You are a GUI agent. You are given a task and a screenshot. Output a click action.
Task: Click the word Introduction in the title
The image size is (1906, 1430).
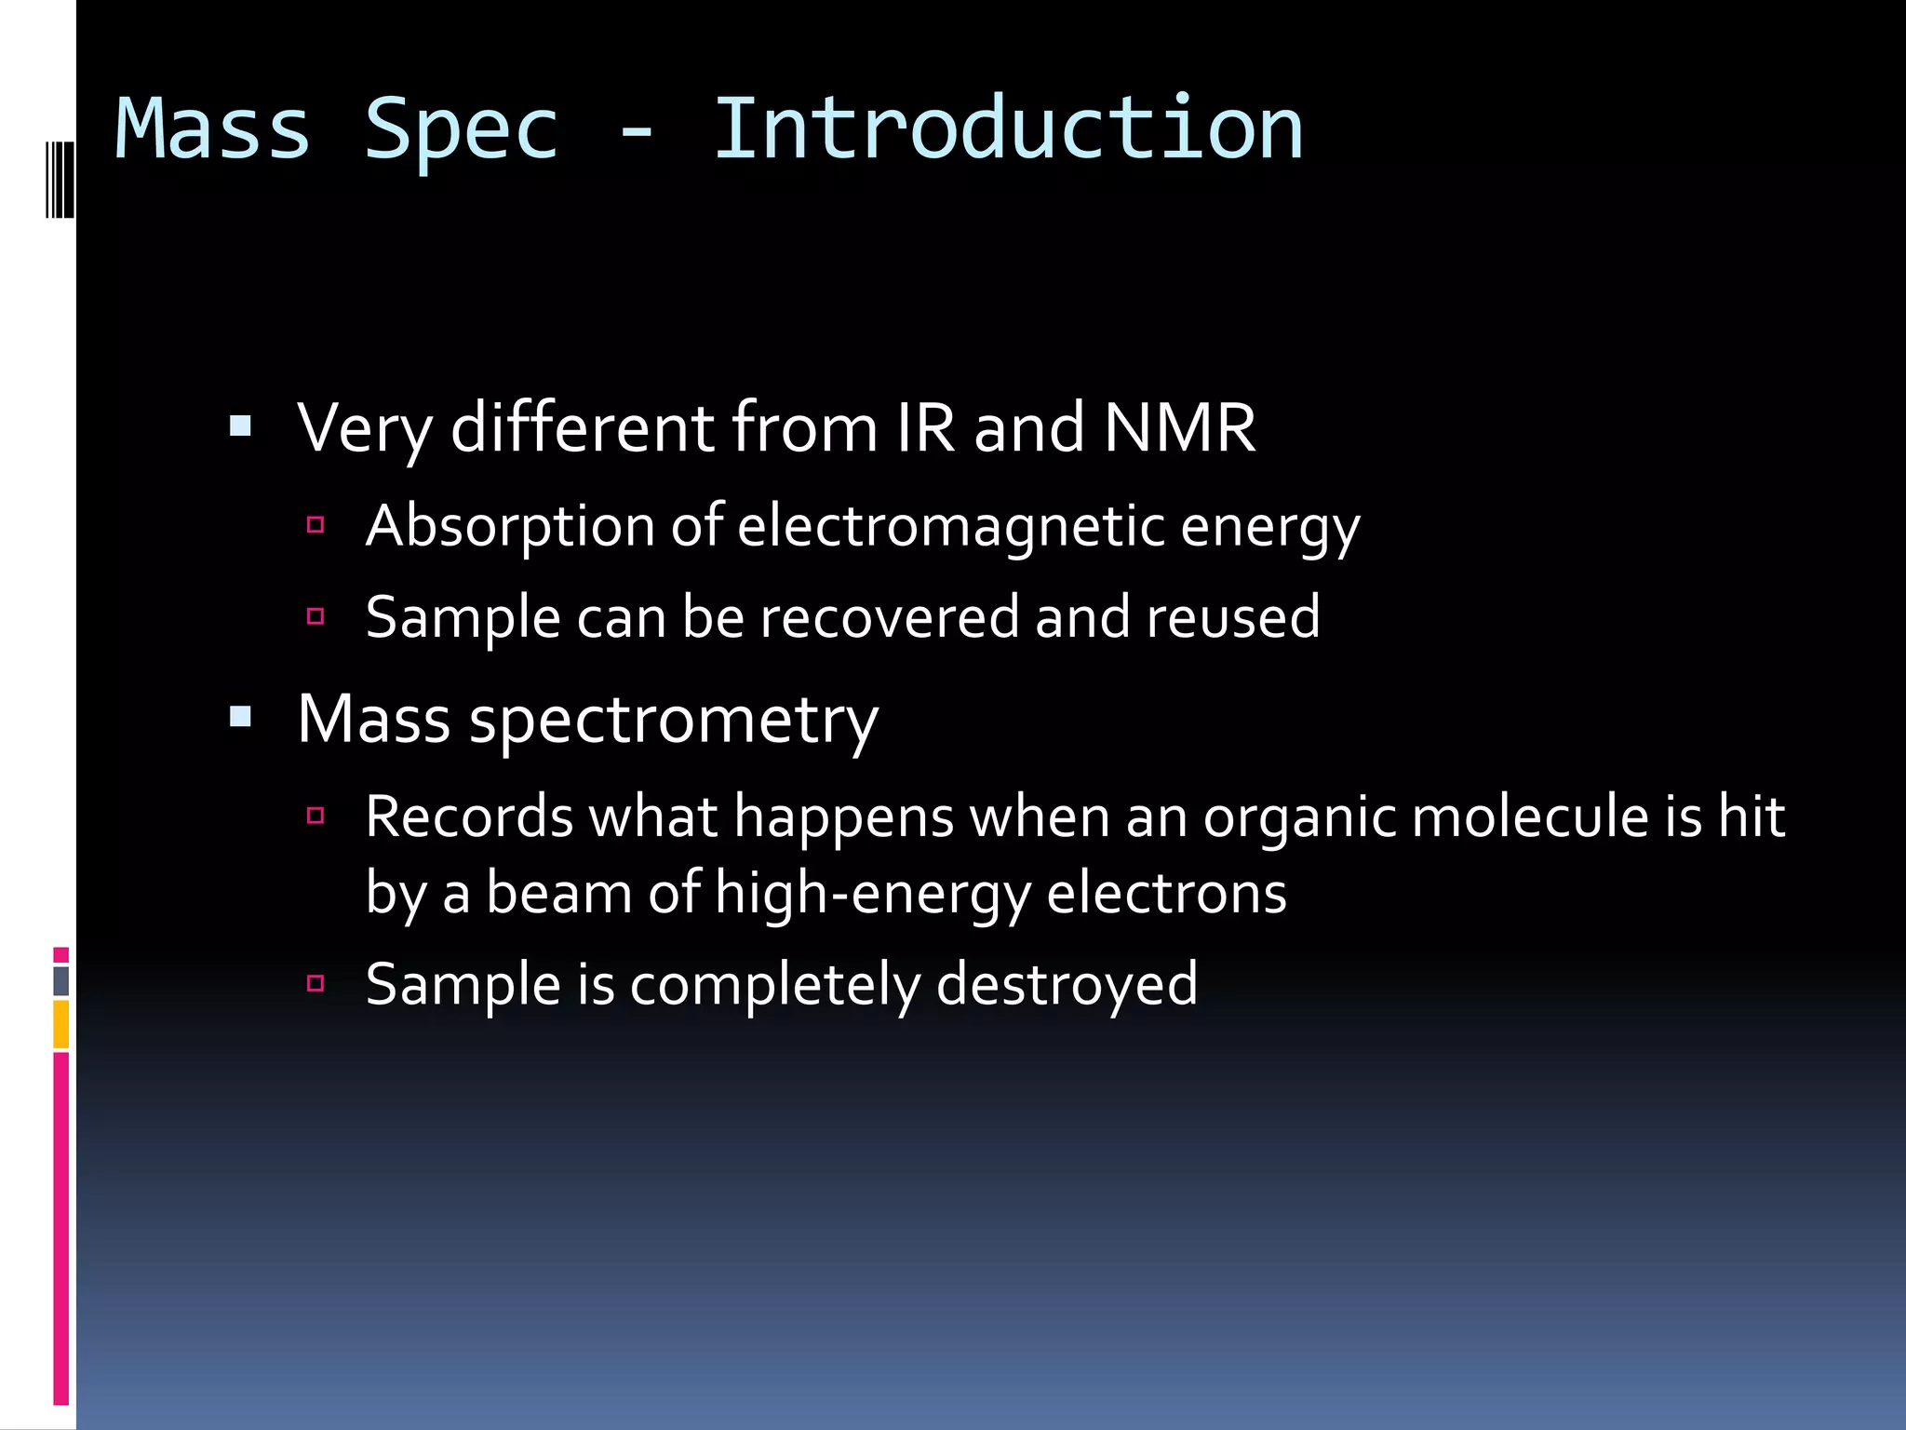[1008, 129]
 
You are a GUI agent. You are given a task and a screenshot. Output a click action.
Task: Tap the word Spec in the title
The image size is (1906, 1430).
[462, 129]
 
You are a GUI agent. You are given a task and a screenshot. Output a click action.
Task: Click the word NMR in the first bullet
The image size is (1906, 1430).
[1179, 428]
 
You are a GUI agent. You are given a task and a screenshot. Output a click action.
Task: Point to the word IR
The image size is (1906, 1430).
[925, 428]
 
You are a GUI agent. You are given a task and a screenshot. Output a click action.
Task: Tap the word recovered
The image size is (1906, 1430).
[889, 617]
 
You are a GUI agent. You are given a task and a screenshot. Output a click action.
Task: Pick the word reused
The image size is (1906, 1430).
[1232, 617]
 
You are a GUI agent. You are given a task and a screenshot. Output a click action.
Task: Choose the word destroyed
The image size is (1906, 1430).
[1067, 985]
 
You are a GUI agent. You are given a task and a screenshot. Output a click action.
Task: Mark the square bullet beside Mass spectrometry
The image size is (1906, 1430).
[241, 717]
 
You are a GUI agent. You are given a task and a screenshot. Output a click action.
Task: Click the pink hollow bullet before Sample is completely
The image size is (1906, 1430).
[315, 983]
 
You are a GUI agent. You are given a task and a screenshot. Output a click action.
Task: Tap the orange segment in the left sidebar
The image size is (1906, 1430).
[61, 1024]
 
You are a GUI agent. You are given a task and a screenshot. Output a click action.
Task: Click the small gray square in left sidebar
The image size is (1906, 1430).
[61, 980]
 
